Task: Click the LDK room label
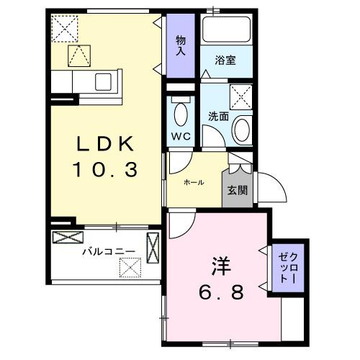tap(106, 145)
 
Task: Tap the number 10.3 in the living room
tap(105, 170)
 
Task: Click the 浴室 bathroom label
tap(226, 62)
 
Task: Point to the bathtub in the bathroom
tap(226, 30)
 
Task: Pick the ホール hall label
tap(194, 183)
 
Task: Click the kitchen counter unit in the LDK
tap(86, 81)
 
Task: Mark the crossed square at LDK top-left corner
tap(65, 29)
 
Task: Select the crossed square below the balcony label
tap(130, 268)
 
